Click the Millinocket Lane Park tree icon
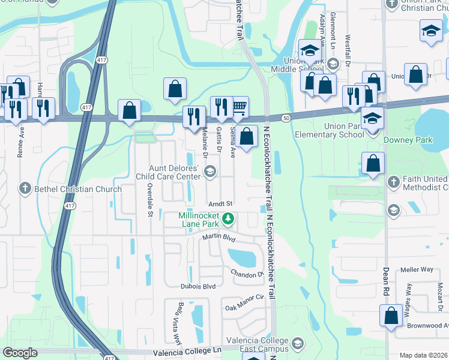click(x=228, y=220)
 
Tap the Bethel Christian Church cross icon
click(x=25, y=188)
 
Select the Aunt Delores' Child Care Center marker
click(x=209, y=173)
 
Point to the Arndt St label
click(x=220, y=204)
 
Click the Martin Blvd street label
click(x=218, y=238)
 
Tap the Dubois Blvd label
click(x=197, y=287)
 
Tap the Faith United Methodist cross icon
click(x=393, y=181)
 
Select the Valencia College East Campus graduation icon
click(x=297, y=344)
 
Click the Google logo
click(x=20, y=353)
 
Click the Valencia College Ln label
click(x=187, y=350)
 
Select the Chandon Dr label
click(x=247, y=274)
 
